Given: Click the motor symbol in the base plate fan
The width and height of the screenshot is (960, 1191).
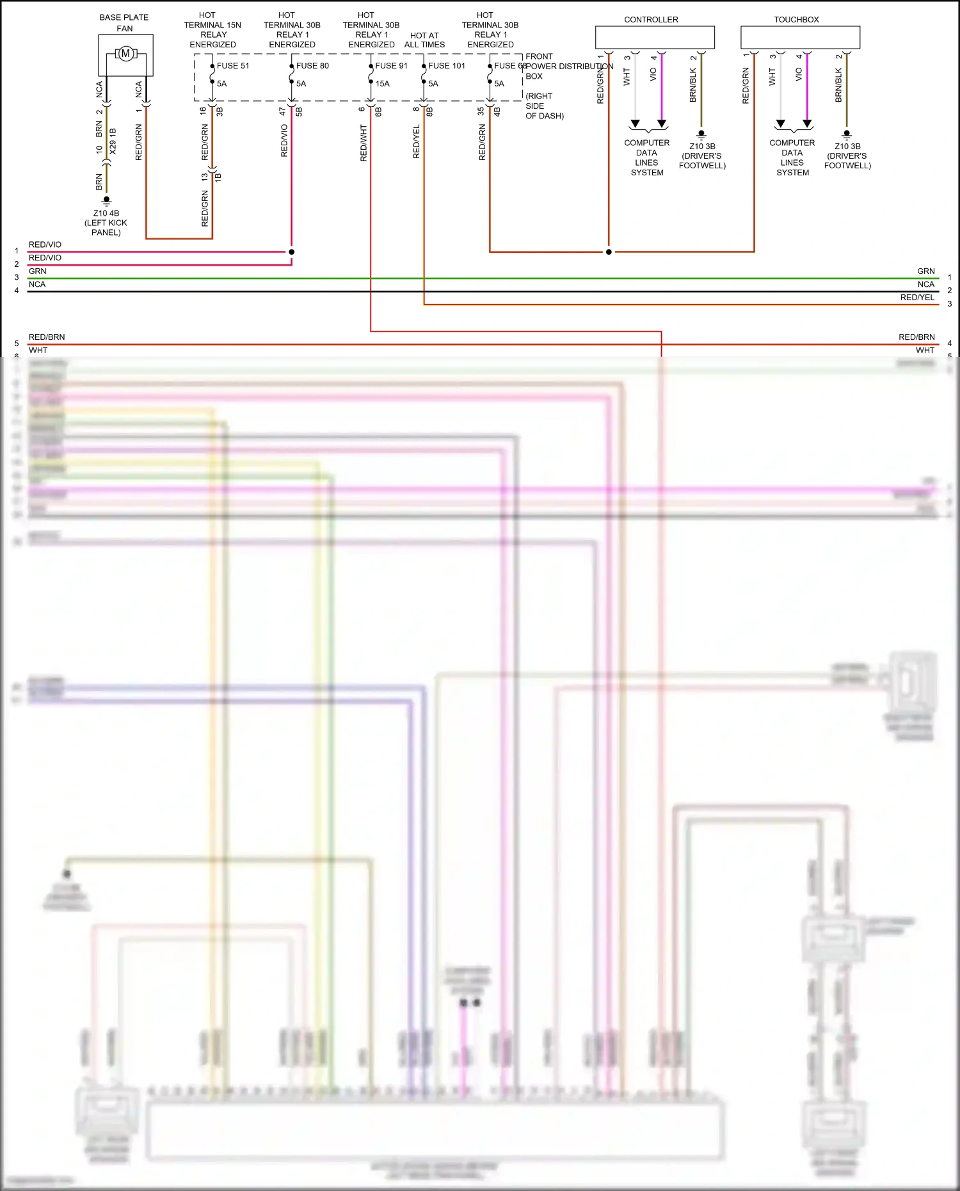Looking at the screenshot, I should tap(125, 54).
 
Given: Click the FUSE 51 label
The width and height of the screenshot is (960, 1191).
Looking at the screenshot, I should tap(233, 66).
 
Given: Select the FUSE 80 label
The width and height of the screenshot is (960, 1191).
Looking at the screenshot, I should tap(312, 66).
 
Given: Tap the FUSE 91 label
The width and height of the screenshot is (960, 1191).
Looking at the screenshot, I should tap(391, 66).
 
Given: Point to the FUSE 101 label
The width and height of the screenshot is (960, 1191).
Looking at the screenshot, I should tap(447, 66).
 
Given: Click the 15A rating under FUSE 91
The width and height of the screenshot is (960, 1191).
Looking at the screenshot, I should tap(383, 84).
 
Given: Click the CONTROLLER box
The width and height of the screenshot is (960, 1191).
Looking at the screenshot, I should tap(655, 37).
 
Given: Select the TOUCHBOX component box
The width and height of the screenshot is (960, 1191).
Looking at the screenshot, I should tap(800, 37).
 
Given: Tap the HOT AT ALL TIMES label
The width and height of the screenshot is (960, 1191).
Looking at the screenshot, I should tap(424, 40).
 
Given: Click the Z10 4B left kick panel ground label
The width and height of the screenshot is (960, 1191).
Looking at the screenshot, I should tap(106, 223).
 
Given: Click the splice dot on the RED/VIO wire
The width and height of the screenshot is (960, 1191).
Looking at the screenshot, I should tap(291, 252).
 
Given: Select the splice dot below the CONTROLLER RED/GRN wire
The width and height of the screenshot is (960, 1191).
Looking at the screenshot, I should tap(609, 252).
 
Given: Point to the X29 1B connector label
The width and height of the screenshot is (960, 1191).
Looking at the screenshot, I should tap(113, 141).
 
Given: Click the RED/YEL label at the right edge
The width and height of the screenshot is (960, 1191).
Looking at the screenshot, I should tap(917, 298).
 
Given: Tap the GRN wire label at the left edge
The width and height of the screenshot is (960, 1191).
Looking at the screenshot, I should tap(37, 271).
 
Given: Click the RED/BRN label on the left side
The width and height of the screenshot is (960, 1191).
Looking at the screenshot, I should tap(47, 337).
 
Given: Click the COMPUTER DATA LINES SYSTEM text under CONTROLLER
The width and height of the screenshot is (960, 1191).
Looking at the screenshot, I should tap(647, 157).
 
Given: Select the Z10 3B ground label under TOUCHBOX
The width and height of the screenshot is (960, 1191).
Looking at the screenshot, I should tap(847, 156).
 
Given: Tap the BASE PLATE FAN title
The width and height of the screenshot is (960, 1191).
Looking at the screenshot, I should tap(124, 23).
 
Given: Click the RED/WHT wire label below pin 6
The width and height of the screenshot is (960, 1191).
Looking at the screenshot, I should tap(364, 143).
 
